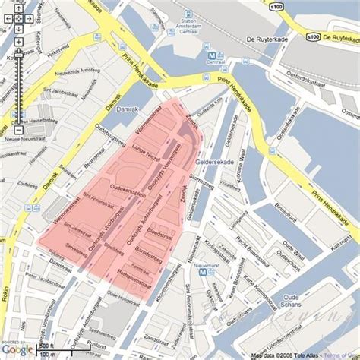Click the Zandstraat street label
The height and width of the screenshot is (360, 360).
(157, 336)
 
